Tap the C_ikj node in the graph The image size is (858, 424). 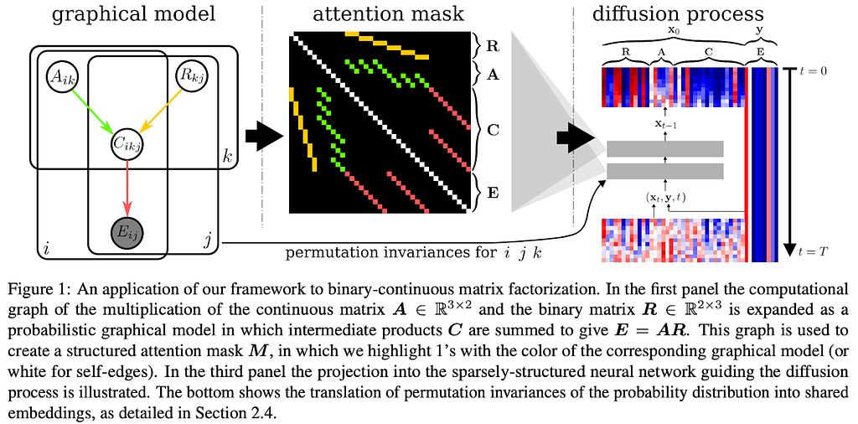click(127, 144)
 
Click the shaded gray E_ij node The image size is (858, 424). click(127, 235)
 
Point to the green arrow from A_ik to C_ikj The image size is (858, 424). click(94, 112)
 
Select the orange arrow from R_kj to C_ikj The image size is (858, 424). click(160, 112)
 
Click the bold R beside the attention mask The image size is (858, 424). click(493, 45)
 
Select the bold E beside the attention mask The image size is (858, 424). click(492, 192)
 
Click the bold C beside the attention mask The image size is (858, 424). click(492, 132)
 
